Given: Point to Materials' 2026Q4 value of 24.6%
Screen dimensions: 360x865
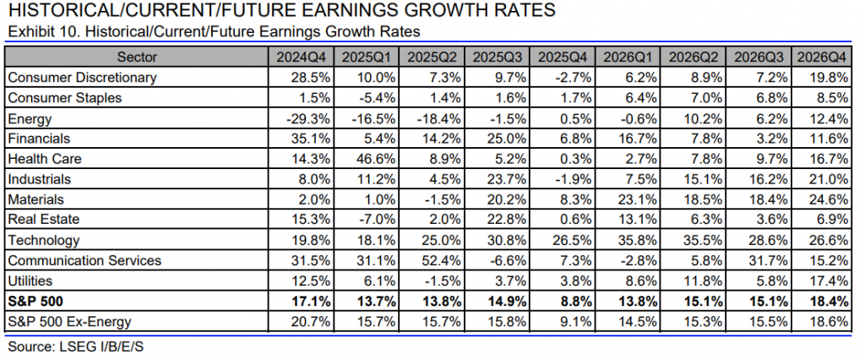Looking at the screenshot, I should (829, 199).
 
